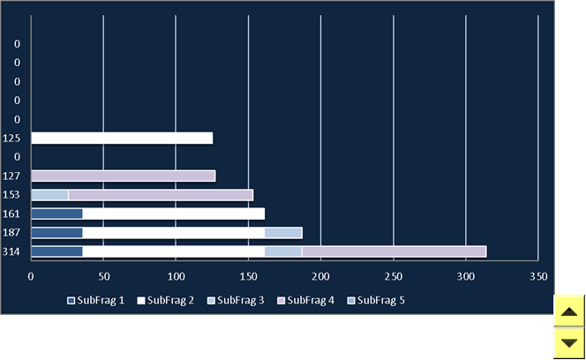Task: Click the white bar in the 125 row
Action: pyautogui.click(x=122, y=138)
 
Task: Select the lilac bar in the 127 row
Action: pyautogui.click(x=124, y=176)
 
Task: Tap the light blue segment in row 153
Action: pyautogui.click(x=49, y=195)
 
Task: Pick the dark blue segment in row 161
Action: pyautogui.click(x=56, y=214)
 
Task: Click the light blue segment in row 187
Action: pyautogui.click(x=283, y=233)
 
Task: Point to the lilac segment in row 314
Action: pyautogui.click(x=394, y=251)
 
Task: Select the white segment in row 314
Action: pyautogui.click(x=173, y=251)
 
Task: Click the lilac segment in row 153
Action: pyautogui.click(x=161, y=195)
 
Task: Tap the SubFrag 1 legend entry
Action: pyautogui.click(x=95, y=301)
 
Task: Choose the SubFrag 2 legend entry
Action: pyautogui.click(x=166, y=301)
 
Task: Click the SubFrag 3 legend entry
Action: pyautogui.click(x=236, y=301)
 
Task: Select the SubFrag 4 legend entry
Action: pyautogui.click(x=305, y=301)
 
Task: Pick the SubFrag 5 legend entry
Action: pyautogui.click(x=376, y=301)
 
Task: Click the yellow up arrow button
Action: pyautogui.click(x=569, y=311)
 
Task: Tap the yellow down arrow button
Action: pyautogui.click(x=569, y=343)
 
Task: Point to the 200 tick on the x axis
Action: pyautogui.click(x=320, y=277)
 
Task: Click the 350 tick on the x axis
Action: pyautogui.click(x=538, y=277)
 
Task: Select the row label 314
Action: pyautogui.click(x=11, y=251)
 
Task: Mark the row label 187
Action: pyautogui.click(x=11, y=233)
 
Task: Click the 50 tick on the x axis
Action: pyautogui.click(x=104, y=277)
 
